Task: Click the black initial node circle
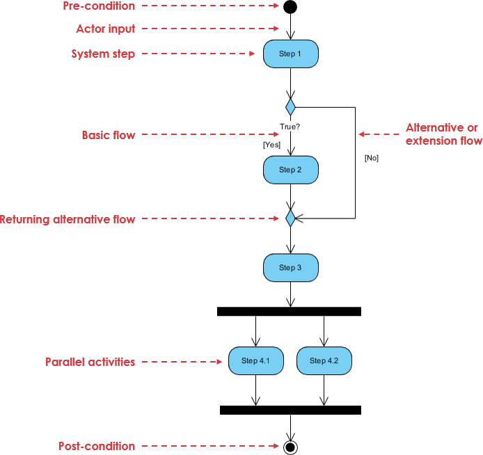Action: tap(290, 7)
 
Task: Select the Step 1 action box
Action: tap(290, 54)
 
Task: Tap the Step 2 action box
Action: tap(290, 170)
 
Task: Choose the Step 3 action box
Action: tap(290, 267)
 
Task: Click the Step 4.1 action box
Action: tap(255, 360)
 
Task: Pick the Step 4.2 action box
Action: tap(324, 360)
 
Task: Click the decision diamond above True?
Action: tap(290, 107)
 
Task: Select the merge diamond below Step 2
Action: tap(290, 218)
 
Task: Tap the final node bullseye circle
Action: tap(290, 447)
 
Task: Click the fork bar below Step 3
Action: tap(289, 311)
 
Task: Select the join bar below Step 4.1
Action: tap(290, 410)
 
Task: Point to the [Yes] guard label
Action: tap(271, 145)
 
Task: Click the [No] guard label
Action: tap(371, 158)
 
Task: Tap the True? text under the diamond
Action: tap(290, 127)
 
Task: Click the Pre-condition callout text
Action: tap(100, 6)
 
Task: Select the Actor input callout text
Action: tap(106, 29)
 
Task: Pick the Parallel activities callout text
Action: tap(90, 362)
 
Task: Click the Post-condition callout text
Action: tap(97, 446)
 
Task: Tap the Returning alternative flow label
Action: tap(68, 219)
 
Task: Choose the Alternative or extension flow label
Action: tap(443, 134)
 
